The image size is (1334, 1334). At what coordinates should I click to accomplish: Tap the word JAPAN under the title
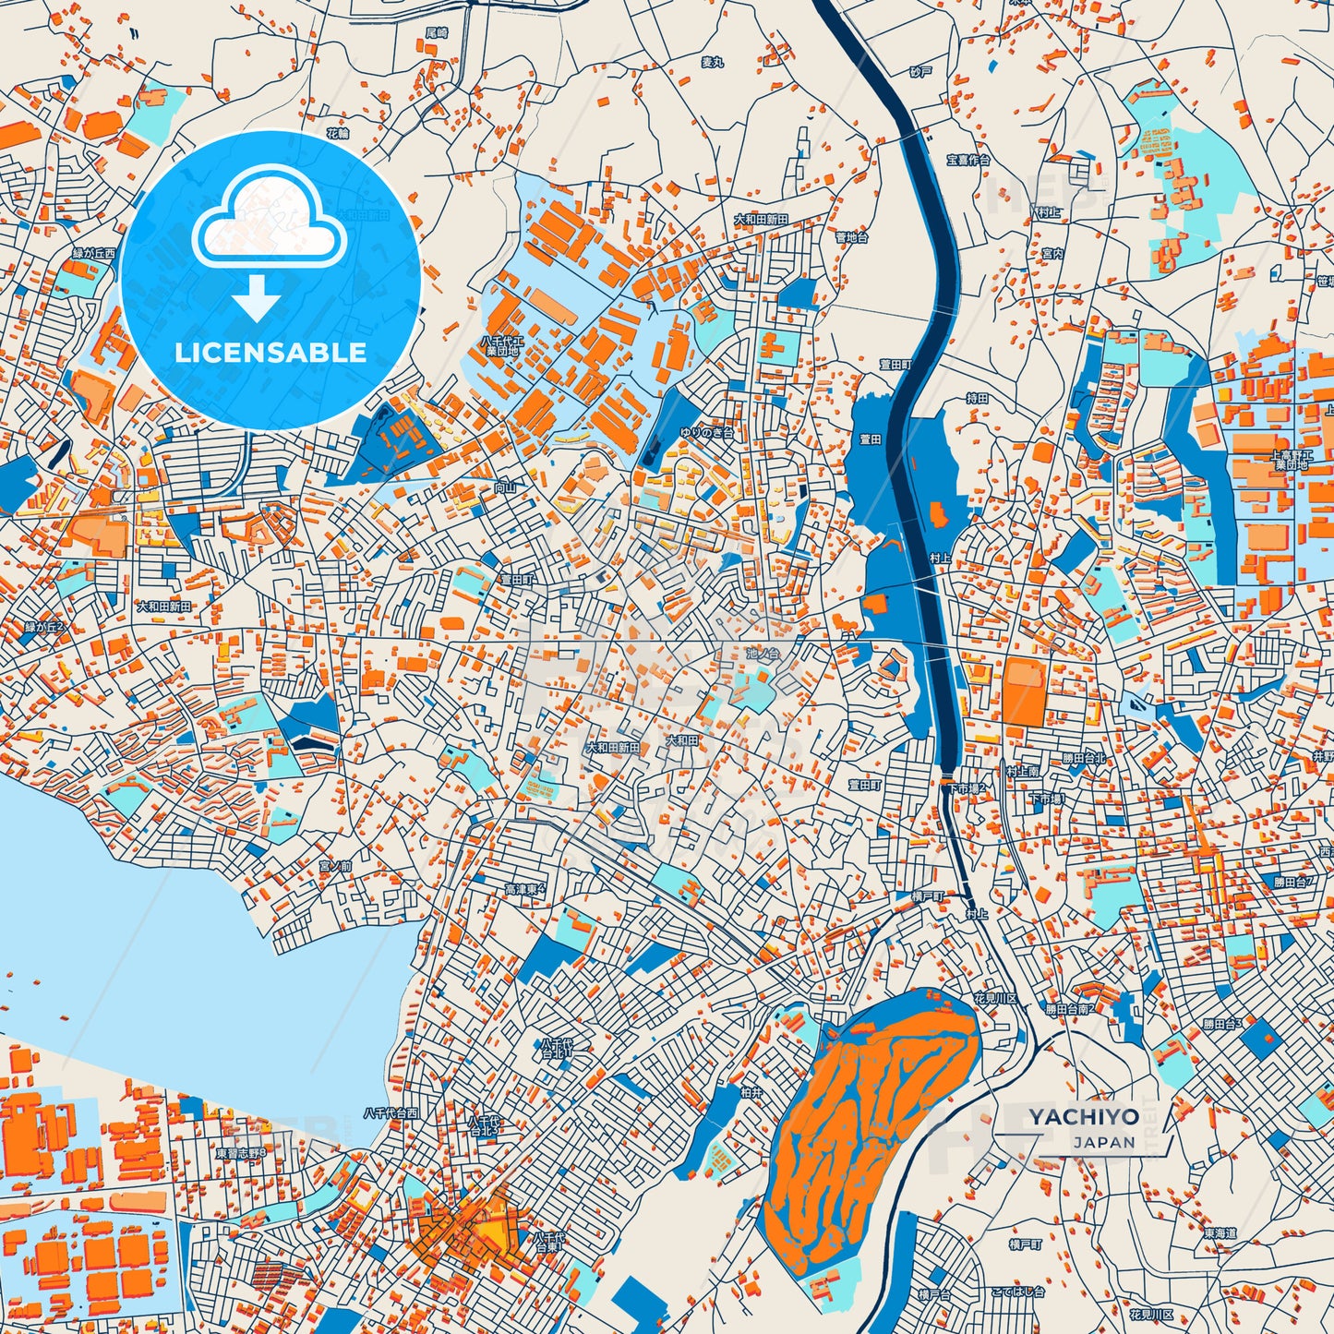tap(1103, 1142)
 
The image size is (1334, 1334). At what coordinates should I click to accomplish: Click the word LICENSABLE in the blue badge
tap(270, 352)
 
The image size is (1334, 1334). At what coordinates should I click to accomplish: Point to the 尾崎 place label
tap(436, 32)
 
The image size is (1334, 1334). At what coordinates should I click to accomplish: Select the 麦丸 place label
tap(712, 62)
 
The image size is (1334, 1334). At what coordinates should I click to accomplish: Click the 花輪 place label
tap(338, 133)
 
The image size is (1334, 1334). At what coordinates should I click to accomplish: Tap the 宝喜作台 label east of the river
tap(967, 160)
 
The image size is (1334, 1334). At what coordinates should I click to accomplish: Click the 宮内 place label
tap(1052, 252)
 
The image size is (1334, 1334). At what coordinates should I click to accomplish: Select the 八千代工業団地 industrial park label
tap(499, 345)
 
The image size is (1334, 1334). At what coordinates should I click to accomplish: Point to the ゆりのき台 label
tap(706, 432)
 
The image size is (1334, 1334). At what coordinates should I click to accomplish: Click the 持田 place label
tap(977, 397)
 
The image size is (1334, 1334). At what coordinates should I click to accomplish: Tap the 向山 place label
tap(505, 487)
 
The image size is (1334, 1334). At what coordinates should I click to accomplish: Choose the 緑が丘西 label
tap(94, 252)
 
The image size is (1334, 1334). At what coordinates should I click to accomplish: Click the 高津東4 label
tap(524, 889)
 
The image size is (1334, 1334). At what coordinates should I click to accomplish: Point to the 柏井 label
tap(751, 1091)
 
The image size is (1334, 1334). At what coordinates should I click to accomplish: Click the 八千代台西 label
tap(391, 1112)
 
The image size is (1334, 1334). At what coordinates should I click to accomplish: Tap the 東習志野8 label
tap(241, 1153)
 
